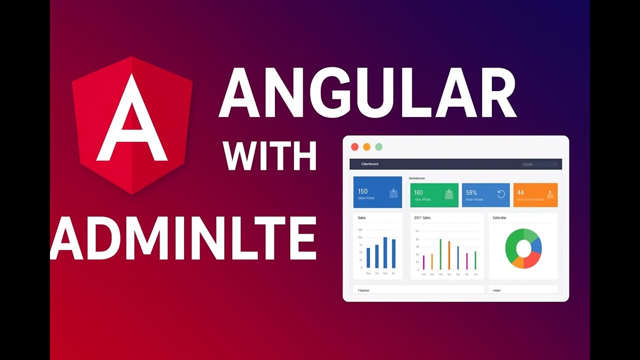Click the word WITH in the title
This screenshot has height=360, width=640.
[x=270, y=156]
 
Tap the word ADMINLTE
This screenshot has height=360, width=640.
[x=183, y=237]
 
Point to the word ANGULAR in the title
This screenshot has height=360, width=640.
[x=367, y=93]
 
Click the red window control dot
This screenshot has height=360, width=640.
[x=354, y=146]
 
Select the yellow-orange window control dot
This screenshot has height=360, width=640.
[x=366, y=146]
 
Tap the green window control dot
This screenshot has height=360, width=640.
[x=378, y=146]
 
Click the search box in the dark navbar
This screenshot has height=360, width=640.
[x=539, y=164]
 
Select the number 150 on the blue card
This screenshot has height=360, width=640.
[x=362, y=191]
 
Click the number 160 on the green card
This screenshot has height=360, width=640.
[x=418, y=192]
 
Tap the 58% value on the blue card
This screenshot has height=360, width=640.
[x=471, y=192]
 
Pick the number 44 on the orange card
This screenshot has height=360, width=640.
[x=520, y=192]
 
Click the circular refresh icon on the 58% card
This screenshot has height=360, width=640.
[x=501, y=194]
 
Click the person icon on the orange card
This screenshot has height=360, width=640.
[x=550, y=194]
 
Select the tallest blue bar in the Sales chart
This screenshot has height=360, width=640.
[x=385, y=252]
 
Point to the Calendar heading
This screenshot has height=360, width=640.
[x=499, y=218]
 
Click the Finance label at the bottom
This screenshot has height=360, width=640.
[x=363, y=290]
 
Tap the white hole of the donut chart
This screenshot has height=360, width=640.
[x=523, y=248]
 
